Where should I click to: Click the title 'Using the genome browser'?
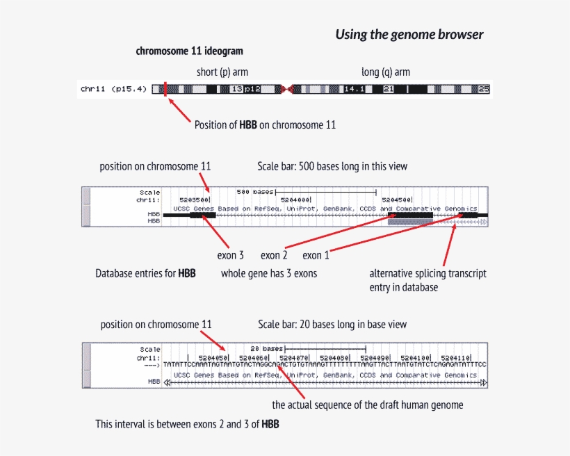coord(409,34)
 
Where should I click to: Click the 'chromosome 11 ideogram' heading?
coord(189,51)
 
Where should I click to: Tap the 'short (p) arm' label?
coord(222,72)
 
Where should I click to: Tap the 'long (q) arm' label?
coord(385,72)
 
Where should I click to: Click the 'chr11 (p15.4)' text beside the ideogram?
coord(113,89)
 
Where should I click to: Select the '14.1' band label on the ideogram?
coord(355,89)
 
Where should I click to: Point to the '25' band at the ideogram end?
coord(484,89)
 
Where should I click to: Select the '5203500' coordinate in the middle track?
coord(194,199)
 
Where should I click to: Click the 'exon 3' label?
coord(230,255)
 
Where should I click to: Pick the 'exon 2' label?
coord(274,255)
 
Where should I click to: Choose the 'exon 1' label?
coord(316,255)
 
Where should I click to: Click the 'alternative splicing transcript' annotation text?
coord(427,273)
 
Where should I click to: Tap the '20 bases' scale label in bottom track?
coord(266,349)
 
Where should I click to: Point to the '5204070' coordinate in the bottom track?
coord(297,357)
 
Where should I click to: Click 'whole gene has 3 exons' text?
coord(269,273)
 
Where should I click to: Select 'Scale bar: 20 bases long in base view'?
coord(332,325)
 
